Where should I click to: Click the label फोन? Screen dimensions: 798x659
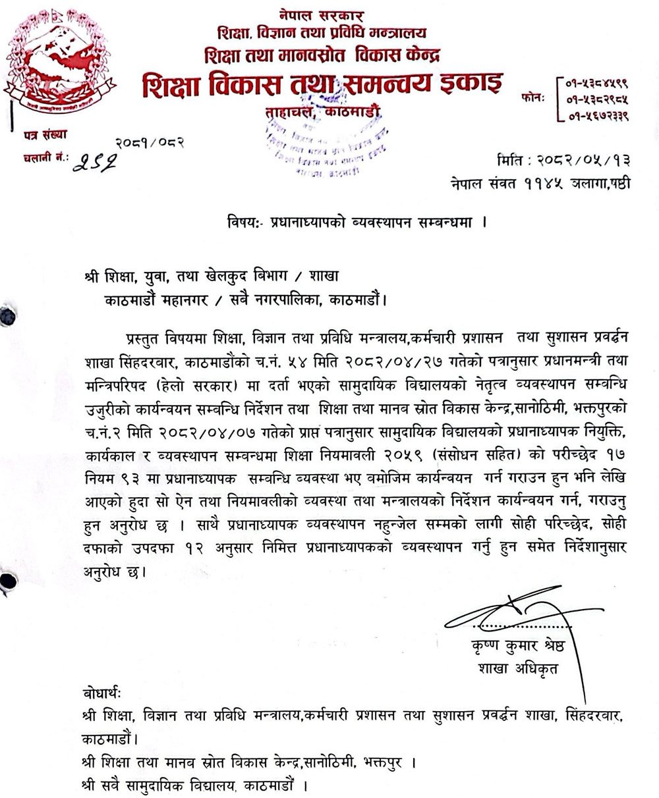click(x=532, y=98)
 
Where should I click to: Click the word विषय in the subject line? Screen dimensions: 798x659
click(x=234, y=223)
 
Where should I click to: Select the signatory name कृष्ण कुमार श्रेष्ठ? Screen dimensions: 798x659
click(x=518, y=647)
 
